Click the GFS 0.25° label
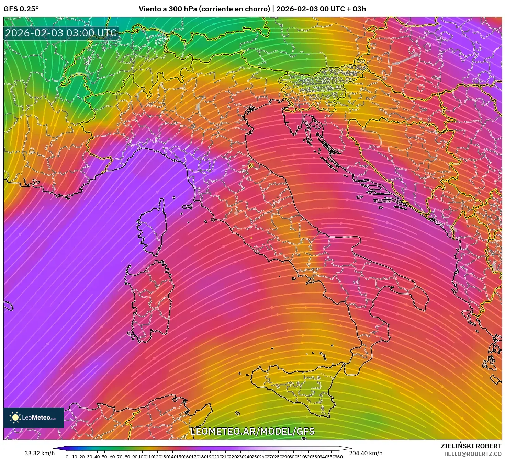(21, 9)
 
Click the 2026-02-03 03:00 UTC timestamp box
(61, 33)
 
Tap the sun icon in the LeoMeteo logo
(15, 417)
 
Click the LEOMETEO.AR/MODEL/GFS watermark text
(252, 431)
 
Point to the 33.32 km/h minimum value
(40, 453)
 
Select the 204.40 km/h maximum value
(366, 453)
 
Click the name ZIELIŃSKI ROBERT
(471, 446)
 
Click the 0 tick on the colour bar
(67, 457)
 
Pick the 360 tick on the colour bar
(339, 457)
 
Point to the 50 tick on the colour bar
(104, 457)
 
